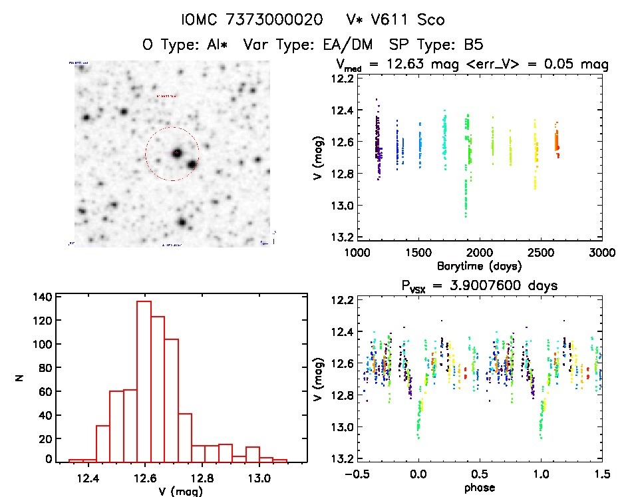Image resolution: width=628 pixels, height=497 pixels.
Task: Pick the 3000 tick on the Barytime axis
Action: tap(601, 253)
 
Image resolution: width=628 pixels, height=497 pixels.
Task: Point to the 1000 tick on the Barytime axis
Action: tap(357, 253)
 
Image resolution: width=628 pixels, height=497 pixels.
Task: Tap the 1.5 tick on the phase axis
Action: tap(601, 474)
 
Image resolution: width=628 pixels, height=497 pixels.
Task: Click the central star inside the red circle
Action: tap(177, 153)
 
